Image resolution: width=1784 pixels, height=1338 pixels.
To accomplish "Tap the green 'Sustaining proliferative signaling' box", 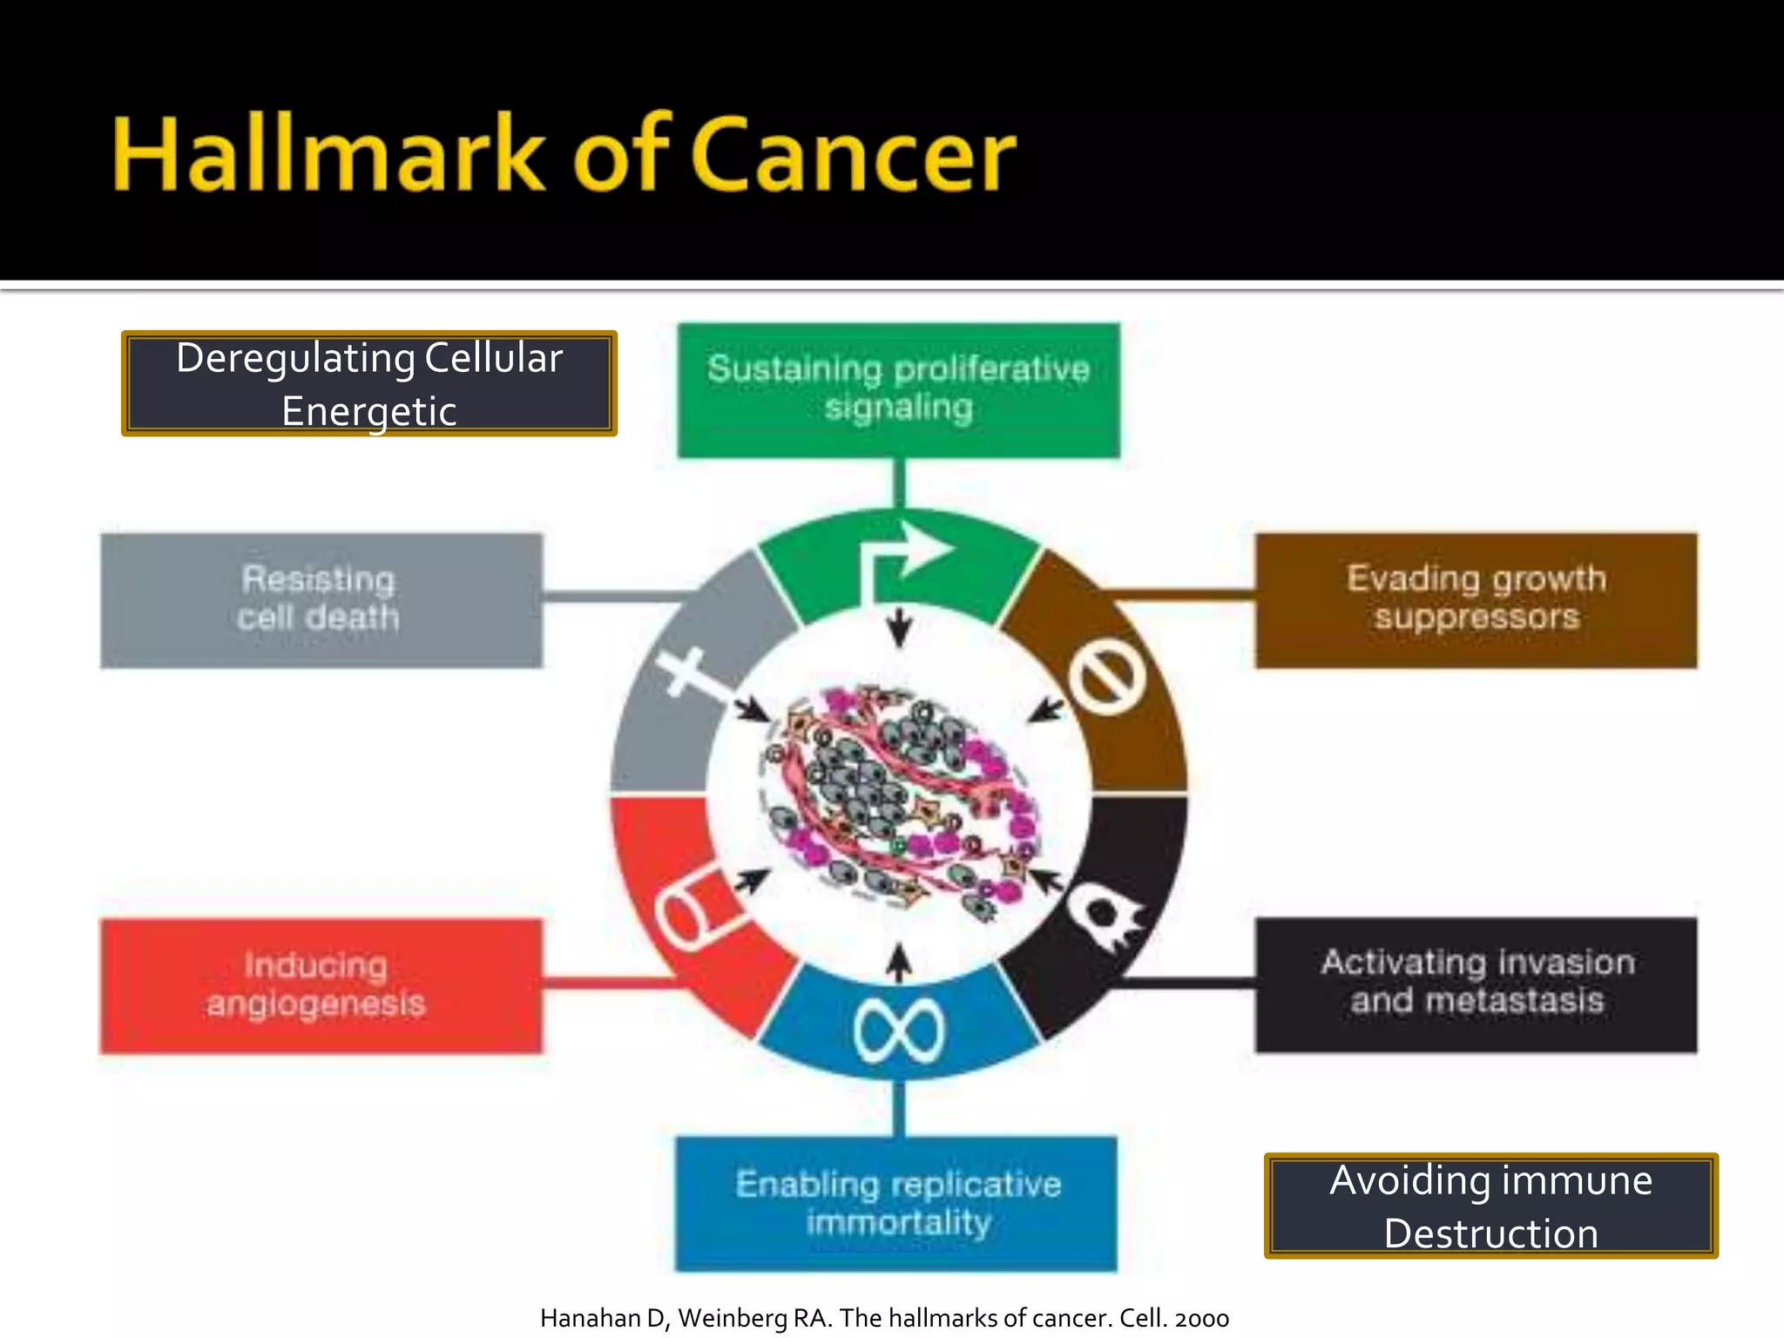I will coord(898,389).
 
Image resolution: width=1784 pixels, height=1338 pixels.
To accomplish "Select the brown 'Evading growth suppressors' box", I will coord(1476,600).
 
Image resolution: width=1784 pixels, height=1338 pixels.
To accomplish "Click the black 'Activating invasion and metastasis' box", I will coord(1476,984).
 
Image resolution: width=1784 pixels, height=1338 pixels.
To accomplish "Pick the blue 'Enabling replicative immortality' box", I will coord(896,1203).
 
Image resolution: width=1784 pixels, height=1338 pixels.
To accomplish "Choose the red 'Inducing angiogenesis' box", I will coord(321,985).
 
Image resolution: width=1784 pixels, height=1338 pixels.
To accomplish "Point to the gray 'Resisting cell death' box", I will coord(321,600).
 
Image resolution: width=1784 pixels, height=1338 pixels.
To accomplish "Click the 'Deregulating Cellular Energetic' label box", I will coord(369,383).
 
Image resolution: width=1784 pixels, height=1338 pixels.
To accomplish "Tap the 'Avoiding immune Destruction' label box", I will coord(1490,1206).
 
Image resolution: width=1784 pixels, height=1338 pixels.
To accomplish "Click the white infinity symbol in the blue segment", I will coord(898,1031).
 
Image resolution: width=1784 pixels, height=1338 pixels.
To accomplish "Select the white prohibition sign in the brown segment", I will coord(1106,677).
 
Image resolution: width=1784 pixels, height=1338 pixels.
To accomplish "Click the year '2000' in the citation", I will coord(1202,1318).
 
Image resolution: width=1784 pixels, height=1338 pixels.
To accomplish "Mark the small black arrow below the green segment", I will coord(900,627).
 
